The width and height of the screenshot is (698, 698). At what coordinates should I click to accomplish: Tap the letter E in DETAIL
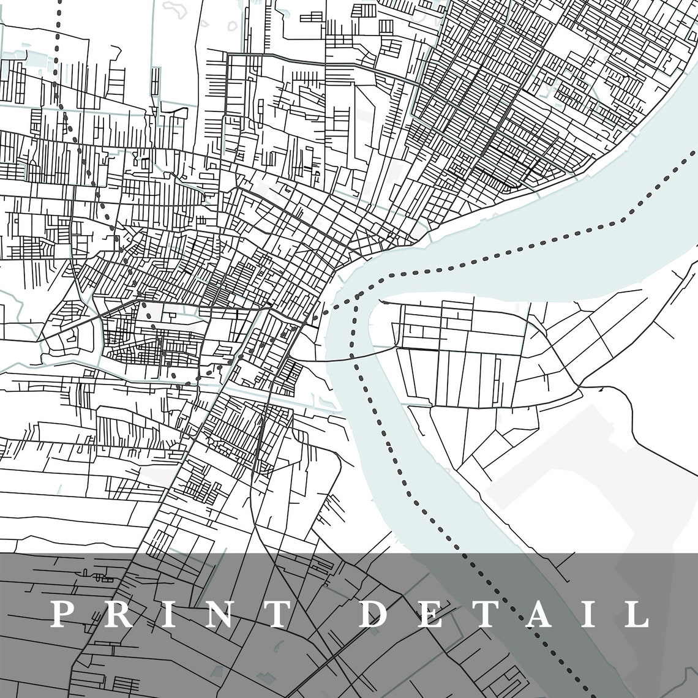click(x=430, y=614)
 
